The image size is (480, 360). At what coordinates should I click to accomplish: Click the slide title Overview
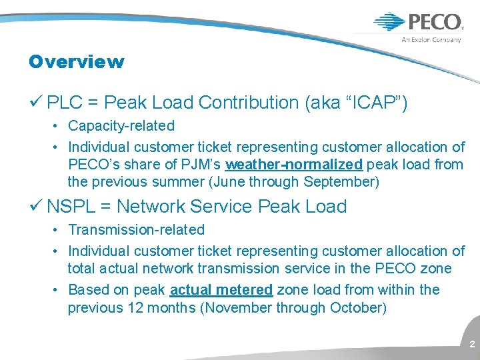click(x=76, y=62)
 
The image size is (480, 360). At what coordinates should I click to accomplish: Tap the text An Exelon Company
click(x=431, y=40)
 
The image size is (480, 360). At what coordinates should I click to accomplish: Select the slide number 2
click(x=472, y=344)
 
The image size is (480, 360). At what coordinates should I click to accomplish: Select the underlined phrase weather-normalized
click(x=294, y=164)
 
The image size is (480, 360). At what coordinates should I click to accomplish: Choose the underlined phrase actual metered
click(x=221, y=289)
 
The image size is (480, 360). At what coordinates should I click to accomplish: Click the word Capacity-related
click(x=121, y=125)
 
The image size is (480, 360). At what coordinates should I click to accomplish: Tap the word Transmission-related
click(x=136, y=229)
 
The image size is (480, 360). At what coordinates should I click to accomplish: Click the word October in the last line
click(x=357, y=307)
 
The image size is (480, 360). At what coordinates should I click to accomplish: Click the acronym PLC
click(x=65, y=103)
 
